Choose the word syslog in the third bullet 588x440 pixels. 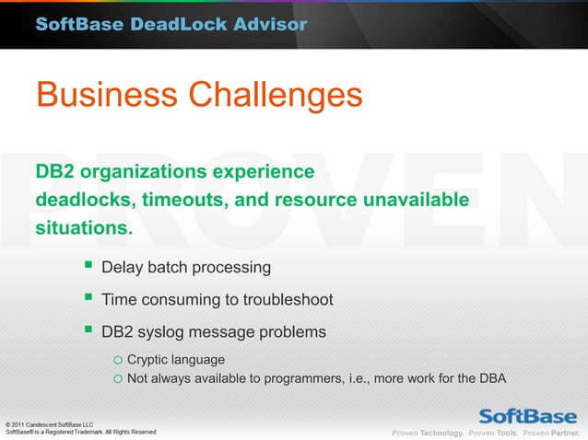[x=166, y=331]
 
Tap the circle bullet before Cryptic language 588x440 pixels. [x=117, y=359]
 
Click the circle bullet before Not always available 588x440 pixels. [x=117, y=377]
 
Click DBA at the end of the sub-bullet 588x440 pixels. [x=493, y=377]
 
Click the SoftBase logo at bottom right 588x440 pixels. [x=527, y=413]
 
